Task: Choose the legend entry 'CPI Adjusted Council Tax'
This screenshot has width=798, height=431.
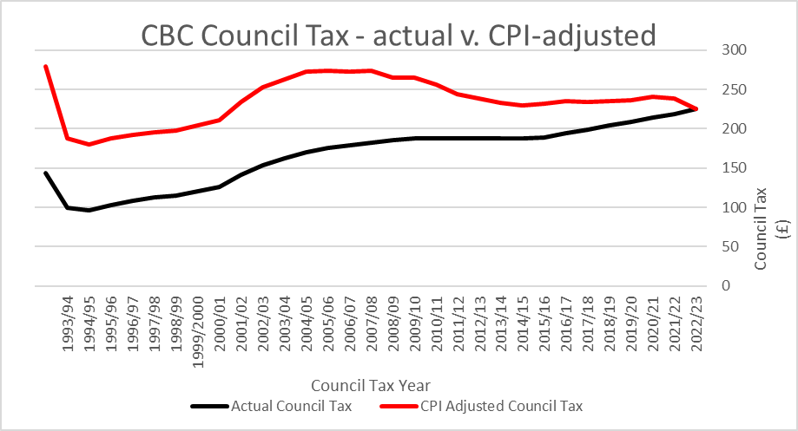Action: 501,406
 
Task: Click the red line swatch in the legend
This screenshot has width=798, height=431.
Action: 396,406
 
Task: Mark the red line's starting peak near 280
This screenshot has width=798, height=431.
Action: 45,66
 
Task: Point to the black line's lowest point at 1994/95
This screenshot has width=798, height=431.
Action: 89,210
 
